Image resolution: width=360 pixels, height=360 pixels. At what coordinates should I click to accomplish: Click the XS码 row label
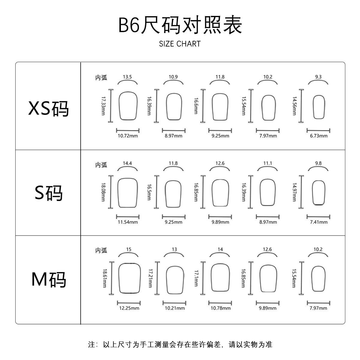pos(48,108)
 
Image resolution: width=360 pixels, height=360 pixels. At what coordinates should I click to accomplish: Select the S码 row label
pos(48,193)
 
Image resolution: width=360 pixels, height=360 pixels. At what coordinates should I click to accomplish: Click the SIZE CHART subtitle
pos(180,44)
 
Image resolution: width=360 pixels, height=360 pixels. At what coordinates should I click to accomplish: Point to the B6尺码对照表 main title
pos(180,25)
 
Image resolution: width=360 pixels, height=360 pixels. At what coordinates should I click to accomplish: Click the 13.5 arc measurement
pos(127,77)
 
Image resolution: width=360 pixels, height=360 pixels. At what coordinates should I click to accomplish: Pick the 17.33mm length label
pos(103,106)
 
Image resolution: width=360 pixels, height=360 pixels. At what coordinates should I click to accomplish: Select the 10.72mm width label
pos(127,136)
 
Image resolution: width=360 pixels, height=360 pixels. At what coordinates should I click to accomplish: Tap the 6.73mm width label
pos(319,136)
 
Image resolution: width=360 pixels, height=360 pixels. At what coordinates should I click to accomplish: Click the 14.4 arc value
pos(127,163)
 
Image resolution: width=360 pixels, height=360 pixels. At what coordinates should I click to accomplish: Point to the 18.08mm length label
pos(103,193)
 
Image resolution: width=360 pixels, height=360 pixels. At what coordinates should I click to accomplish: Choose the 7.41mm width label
pos(319,222)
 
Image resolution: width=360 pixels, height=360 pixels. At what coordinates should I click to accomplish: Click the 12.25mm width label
pos(129,308)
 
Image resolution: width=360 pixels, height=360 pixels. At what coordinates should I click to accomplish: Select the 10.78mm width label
pos(220,308)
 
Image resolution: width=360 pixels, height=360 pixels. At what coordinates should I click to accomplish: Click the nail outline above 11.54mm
pos(128,193)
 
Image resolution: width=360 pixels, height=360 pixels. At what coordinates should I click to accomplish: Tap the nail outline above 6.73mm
pos(319,107)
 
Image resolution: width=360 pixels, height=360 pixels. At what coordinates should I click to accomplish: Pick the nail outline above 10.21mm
pos(175,280)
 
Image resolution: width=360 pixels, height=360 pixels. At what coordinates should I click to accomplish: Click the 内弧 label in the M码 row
pos(101,250)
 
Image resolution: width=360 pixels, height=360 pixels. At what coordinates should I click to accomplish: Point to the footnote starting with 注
pos(180,344)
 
